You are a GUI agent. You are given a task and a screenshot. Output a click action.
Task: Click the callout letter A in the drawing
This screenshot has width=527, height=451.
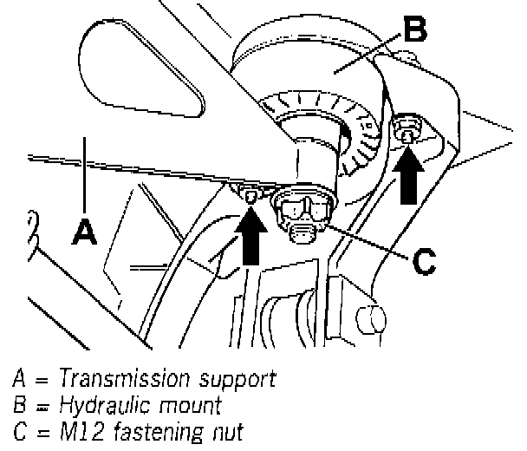84,232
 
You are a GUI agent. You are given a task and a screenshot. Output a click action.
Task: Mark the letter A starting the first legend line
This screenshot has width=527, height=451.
19,380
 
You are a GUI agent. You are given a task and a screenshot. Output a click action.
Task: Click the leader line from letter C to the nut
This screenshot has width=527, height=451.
364,241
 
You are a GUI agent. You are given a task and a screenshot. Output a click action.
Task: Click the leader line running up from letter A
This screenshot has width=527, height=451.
84,173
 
